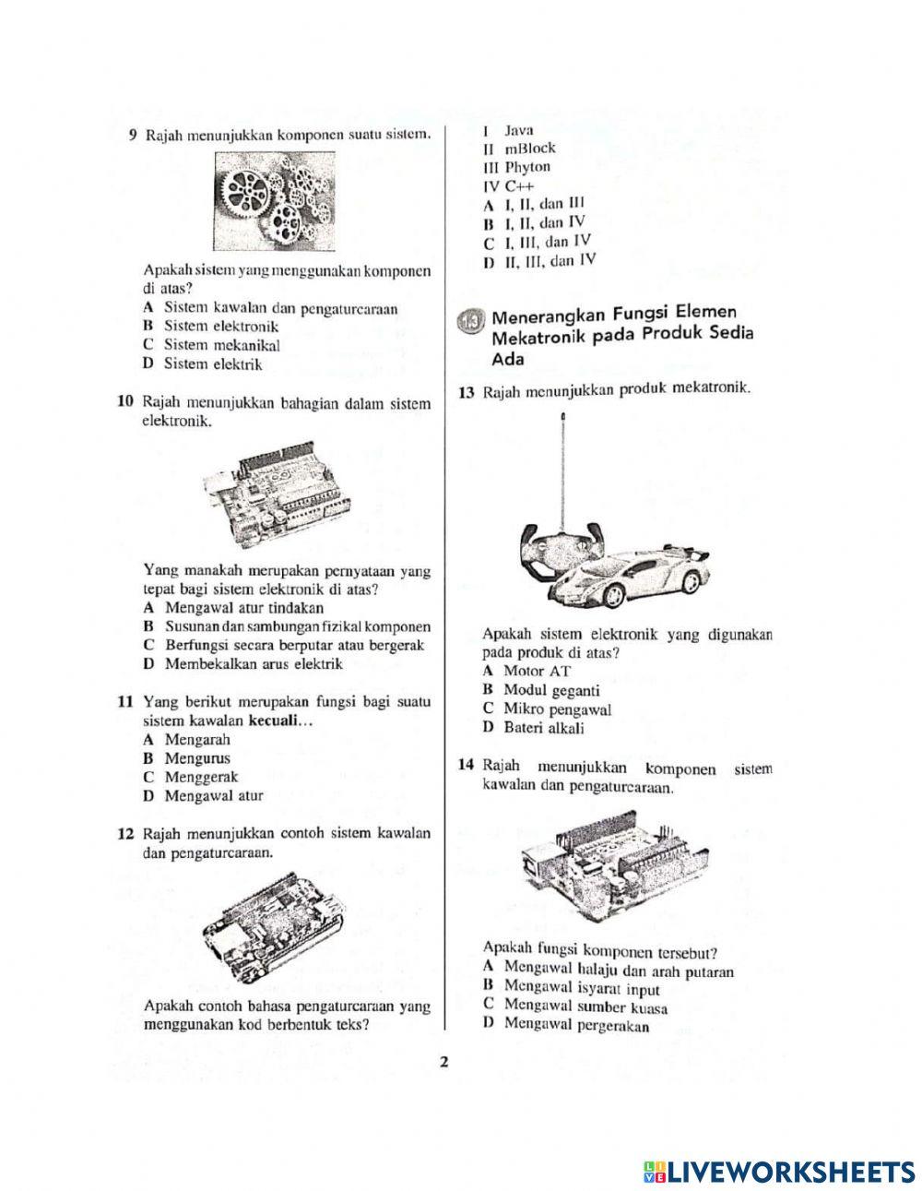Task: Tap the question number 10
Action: coord(126,404)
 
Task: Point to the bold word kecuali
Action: coord(276,721)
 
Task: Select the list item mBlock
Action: coord(530,149)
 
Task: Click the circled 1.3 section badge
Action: coord(469,321)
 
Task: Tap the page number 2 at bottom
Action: coord(443,1062)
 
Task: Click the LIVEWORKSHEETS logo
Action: coord(778,1171)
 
